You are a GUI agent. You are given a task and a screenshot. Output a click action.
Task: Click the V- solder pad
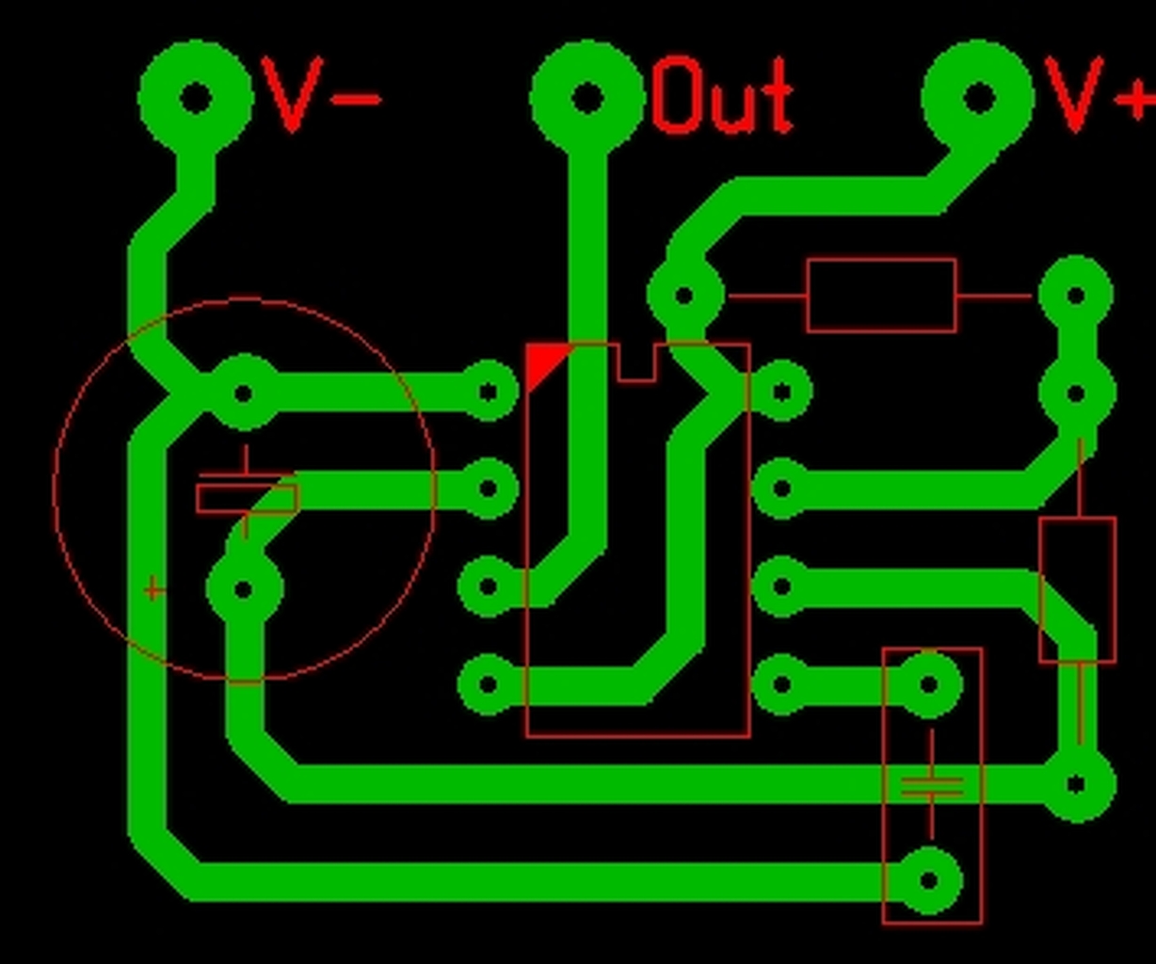click(x=195, y=96)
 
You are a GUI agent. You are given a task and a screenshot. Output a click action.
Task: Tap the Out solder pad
click(x=587, y=96)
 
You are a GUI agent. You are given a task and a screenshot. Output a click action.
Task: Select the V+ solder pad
click(x=979, y=96)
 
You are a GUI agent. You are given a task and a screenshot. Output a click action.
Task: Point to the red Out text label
click(x=723, y=95)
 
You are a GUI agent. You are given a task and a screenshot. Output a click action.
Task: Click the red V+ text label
click(x=1098, y=94)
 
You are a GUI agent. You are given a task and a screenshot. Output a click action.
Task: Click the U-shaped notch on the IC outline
click(x=636, y=363)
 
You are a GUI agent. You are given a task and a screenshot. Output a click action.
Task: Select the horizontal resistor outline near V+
click(x=881, y=296)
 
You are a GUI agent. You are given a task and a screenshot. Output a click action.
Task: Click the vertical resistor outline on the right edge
click(x=1077, y=589)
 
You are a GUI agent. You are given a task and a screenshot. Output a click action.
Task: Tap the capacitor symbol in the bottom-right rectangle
click(x=932, y=786)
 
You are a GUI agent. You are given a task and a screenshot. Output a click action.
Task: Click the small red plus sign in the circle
click(x=153, y=590)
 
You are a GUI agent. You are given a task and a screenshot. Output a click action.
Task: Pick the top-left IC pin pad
click(x=488, y=392)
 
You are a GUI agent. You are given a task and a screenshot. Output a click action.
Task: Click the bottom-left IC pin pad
click(x=488, y=683)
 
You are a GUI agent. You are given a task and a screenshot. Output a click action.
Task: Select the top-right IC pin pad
click(x=781, y=392)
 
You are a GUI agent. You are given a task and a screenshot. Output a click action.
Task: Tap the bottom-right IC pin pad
click(x=781, y=683)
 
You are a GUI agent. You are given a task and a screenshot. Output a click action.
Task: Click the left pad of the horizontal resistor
click(x=684, y=296)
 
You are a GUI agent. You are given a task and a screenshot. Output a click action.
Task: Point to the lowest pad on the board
click(x=929, y=881)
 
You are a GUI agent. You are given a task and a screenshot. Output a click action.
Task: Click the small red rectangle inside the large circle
click(x=247, y=498)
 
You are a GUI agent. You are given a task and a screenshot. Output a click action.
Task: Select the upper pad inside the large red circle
click(x=244, y=393)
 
